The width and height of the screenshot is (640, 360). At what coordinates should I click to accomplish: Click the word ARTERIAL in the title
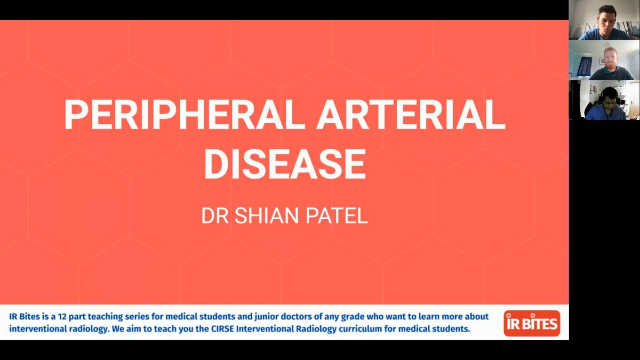coord(411,115)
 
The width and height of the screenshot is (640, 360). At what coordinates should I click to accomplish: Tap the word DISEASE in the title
coord(285,164)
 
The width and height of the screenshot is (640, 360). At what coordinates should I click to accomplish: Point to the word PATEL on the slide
coord(337,215)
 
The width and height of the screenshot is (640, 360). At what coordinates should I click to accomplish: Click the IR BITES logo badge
coord(532,323)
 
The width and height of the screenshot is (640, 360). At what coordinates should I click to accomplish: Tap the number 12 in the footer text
coord(62,317)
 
